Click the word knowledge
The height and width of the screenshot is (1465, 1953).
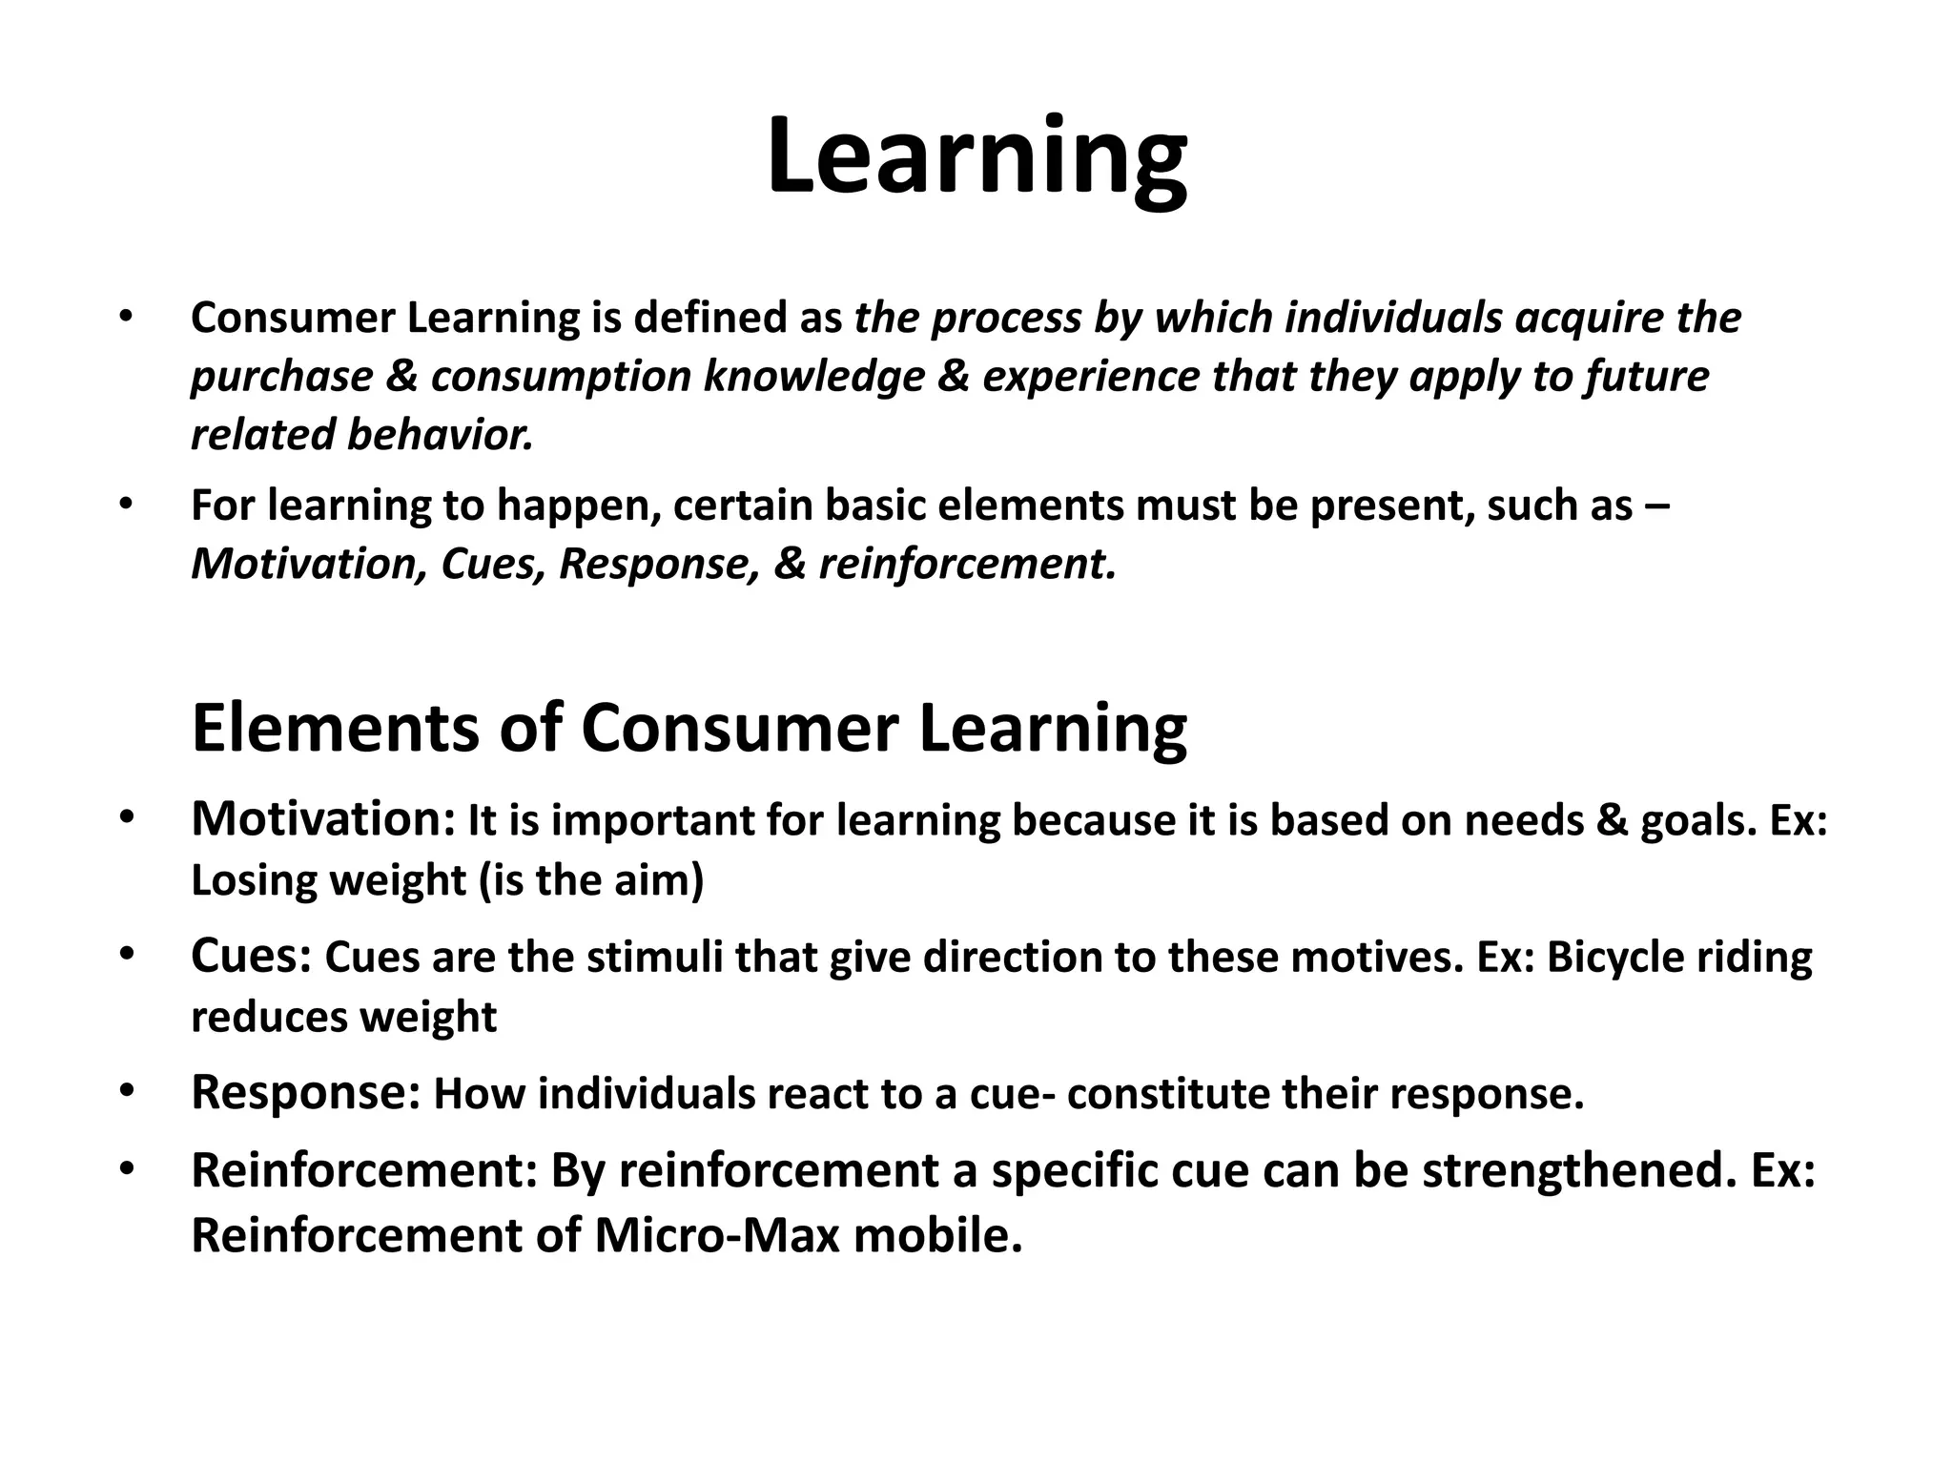(x=814, y=377)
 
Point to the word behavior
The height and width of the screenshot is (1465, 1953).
(x=440, y=435)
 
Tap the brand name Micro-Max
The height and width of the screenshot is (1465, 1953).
(x=717, y=1236)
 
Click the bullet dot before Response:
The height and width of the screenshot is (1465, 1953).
(x=125, y=1090)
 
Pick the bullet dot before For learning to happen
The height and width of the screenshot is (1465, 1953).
(x=125, y=504)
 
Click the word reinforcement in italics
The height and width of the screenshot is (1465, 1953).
(x=966, y=565)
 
